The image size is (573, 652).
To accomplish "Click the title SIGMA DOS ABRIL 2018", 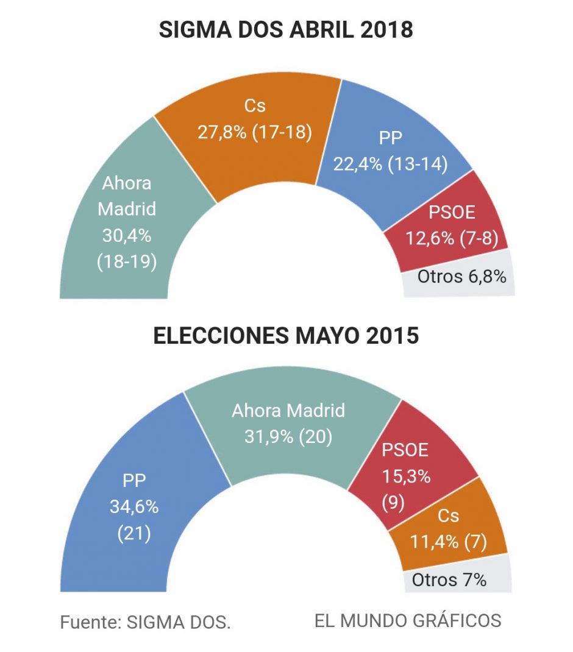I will click(x=286, y=30).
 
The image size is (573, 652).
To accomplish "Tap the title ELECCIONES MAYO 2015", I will click(x=286, y=336).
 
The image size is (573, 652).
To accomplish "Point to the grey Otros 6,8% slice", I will click(x=461, y=277).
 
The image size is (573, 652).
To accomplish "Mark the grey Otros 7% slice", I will click(x=449, y=579).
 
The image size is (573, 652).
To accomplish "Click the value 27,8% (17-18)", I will click(x=255, y=132).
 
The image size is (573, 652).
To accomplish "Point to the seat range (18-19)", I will click(x=127, y=261).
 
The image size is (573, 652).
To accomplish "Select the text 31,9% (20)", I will click(x=288, y=437).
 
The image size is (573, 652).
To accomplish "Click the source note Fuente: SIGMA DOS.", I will click(x=146, y=622).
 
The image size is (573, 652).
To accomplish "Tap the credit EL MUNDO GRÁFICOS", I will click(x=408, y=621).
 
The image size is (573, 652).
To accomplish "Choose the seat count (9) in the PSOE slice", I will click(x=394, y=504).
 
